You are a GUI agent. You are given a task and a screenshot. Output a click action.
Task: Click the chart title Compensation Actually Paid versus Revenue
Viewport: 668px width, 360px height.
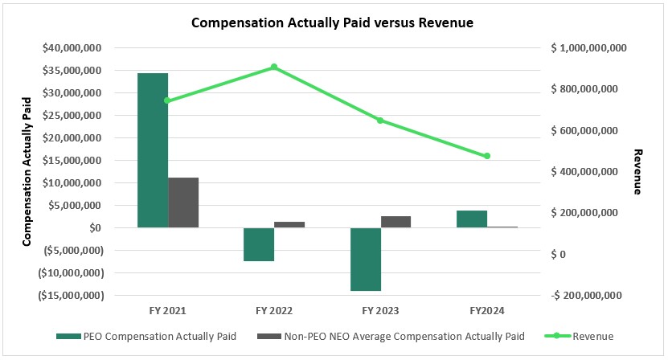coord(333,23)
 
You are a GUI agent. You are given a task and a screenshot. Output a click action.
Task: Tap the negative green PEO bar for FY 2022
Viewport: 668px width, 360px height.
coord(259,244)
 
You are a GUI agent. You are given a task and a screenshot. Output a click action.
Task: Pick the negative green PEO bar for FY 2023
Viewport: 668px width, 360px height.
coord(366,259)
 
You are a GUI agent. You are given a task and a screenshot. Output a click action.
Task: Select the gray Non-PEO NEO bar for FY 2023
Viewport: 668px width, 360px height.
coord(395,222)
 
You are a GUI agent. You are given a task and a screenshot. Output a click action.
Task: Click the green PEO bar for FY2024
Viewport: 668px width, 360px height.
coord(472,219)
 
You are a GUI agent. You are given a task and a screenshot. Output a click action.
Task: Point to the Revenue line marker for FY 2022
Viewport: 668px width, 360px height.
coord(274,67)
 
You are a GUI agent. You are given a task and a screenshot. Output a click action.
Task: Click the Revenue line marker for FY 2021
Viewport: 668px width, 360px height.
coord(167,100)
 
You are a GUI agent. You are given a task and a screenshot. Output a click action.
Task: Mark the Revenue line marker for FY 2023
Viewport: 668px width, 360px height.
coord(380,121)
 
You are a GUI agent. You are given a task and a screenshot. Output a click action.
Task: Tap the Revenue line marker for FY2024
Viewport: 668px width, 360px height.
coord(487,156)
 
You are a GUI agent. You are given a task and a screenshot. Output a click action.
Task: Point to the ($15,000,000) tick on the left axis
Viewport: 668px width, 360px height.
coord(71,296)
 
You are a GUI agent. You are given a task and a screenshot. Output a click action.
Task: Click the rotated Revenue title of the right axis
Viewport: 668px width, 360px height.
coord(639,172)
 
